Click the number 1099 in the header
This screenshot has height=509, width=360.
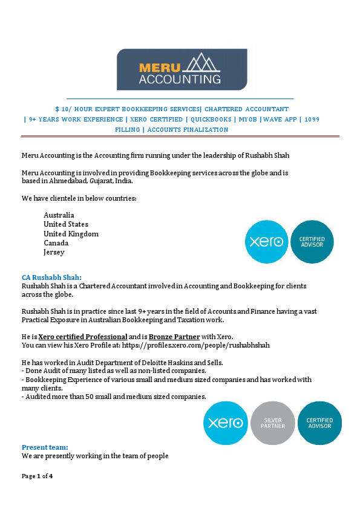[312, 120]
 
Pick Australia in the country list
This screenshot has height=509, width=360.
[59, 215]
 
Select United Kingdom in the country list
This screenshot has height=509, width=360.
[71, 234]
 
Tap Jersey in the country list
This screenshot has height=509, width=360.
[54, 253]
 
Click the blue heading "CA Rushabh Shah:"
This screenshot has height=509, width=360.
[51, 277]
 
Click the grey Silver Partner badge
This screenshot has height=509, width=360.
[272, 423]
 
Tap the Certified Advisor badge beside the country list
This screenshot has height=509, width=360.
[312, 242]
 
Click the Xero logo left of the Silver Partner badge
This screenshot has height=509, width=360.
[226, 423]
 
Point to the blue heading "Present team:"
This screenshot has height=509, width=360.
[45, 447]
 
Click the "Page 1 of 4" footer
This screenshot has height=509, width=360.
[38, 476]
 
